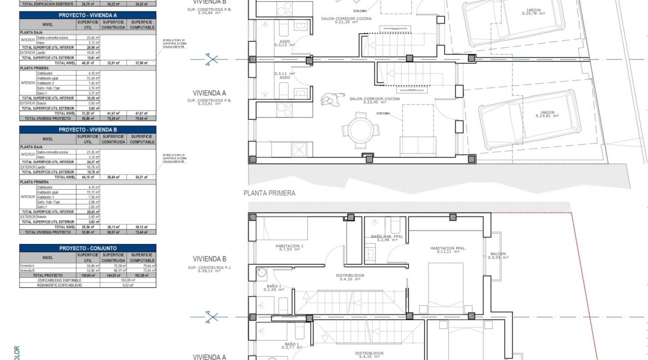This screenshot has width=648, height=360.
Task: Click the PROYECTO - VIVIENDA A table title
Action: (88, 15)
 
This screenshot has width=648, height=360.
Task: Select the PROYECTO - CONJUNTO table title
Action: (88, 248)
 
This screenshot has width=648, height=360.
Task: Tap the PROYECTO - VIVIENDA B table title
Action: (88, 130)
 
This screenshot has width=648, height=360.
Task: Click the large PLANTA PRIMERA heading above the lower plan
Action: (269, 193)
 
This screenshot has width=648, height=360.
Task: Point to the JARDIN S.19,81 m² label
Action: (547, 114)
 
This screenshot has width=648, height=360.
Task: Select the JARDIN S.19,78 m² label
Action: (534, 12)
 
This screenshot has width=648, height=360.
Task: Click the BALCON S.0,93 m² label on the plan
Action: (498, 256)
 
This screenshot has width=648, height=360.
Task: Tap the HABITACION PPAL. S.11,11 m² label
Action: (448, 250)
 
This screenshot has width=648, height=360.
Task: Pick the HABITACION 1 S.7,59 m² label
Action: (289, 247)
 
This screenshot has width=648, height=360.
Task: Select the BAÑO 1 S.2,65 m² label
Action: (274, 288)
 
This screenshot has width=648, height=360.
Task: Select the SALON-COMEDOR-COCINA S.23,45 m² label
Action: (374, 100)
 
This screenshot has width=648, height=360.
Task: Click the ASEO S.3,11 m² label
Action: (284, 75)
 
